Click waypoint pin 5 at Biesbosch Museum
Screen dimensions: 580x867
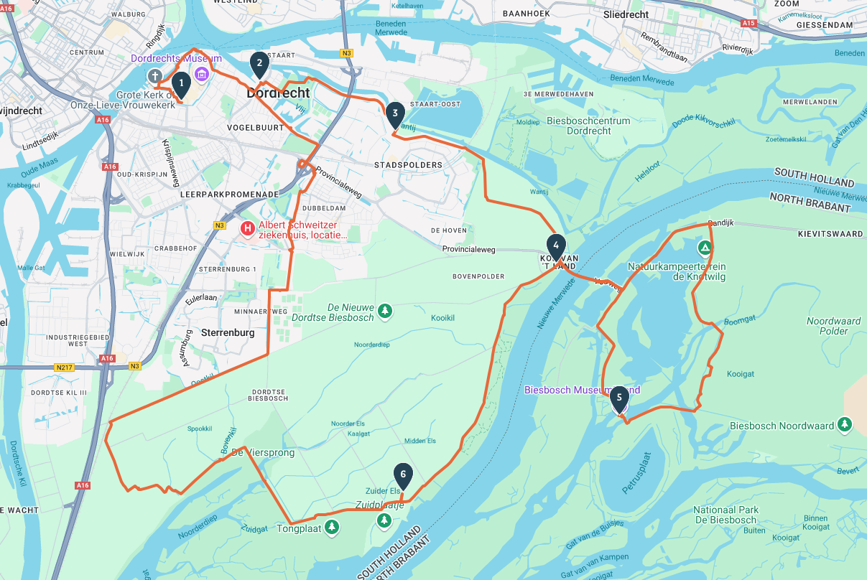click(x=619, y=398)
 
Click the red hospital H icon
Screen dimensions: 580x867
click(x=248, y=229)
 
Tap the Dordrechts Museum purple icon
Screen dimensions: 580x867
click(x=202, y=75)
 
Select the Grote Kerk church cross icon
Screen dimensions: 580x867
click(x=154, y=76)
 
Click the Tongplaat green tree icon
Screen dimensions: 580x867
click(x=331, y=528)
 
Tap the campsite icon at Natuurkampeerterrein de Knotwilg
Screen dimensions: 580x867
click(x=705, y=248)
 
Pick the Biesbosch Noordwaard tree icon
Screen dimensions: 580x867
click(x=845, y=426)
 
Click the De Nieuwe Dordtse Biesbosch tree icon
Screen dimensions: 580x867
click(x=386, y=311)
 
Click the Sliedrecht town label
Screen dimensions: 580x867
click(x=626, y=14)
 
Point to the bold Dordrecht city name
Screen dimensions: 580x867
click(x=278, y=93)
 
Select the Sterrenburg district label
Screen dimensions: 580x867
click(x=228, y=333)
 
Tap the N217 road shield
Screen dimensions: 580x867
click(x=66, y=367)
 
